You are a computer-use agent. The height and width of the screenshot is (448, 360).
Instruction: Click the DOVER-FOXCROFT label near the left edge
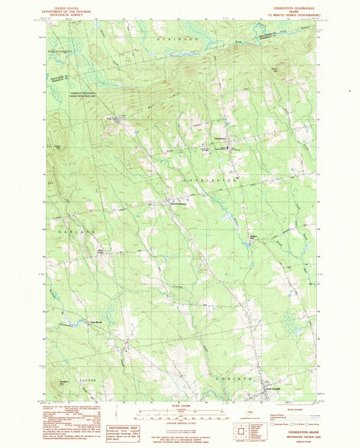click(x=59, y=51)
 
